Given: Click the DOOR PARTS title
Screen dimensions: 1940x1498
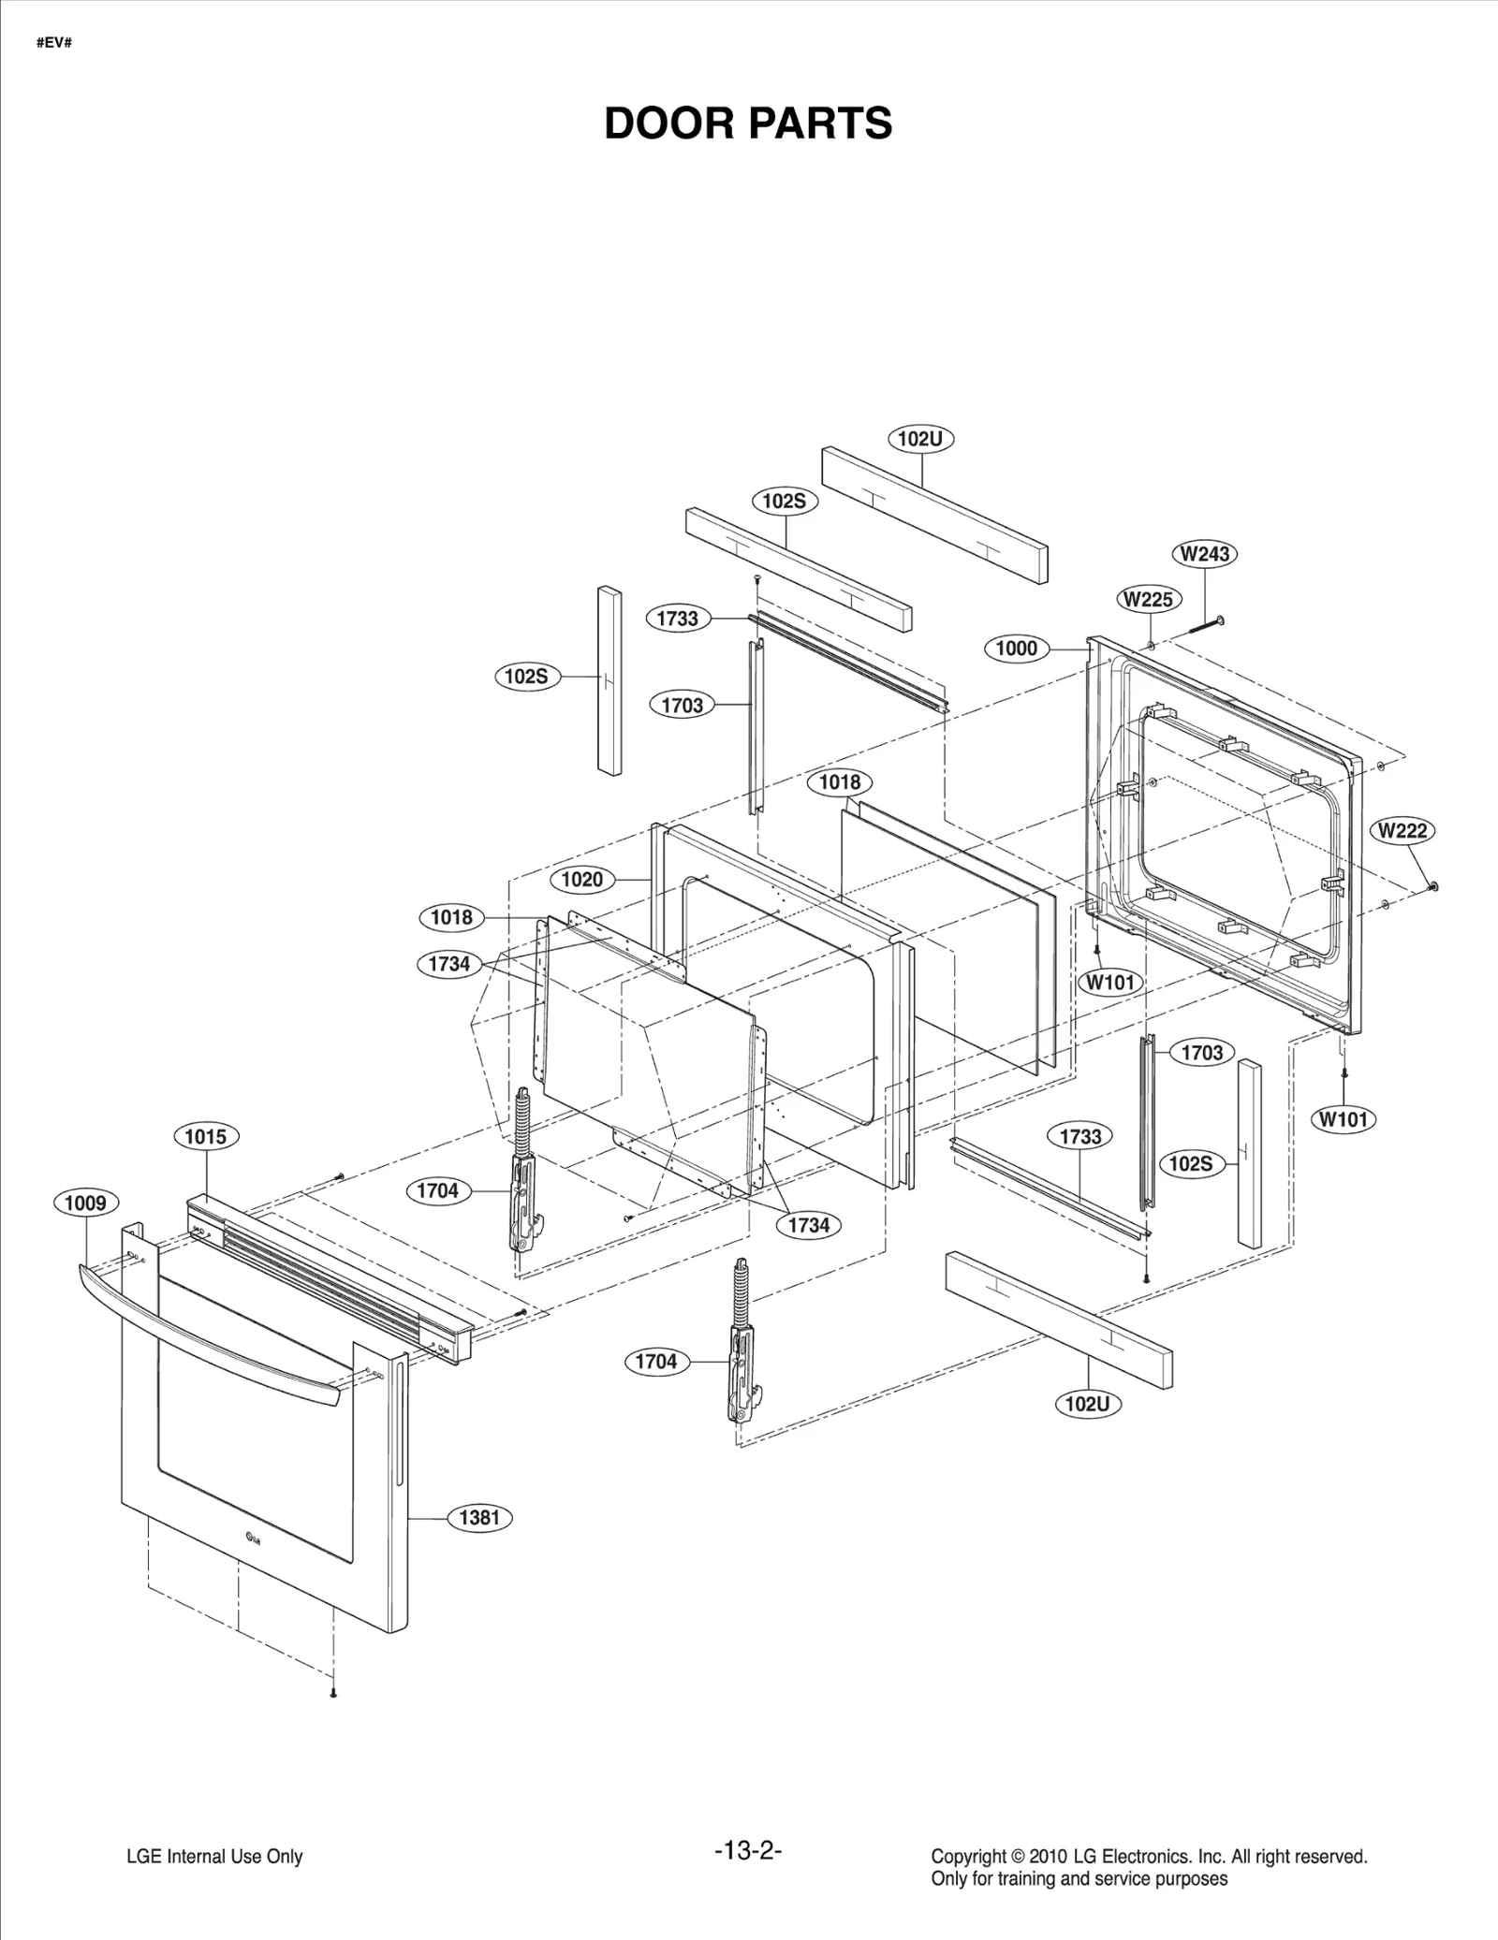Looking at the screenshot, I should pos(748,124).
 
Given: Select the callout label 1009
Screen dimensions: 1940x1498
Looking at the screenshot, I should pos(85,1203).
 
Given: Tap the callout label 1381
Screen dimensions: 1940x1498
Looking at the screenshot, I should pos(479,1517).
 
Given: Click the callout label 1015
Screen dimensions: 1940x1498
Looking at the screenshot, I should pos(205,1136).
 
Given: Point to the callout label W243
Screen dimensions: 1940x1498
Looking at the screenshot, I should pos(1204,553).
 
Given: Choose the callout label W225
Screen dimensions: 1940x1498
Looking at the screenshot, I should pos(1149,599).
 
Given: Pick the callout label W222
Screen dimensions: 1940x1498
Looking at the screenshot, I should pos(1403,830).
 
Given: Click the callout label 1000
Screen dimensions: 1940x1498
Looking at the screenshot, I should pos(1016,648).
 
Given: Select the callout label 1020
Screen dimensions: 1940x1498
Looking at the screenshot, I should pos(581,879).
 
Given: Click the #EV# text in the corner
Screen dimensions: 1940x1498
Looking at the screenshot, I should pos(53,44).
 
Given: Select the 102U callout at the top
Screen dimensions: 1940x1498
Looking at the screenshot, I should pos(919,438).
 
